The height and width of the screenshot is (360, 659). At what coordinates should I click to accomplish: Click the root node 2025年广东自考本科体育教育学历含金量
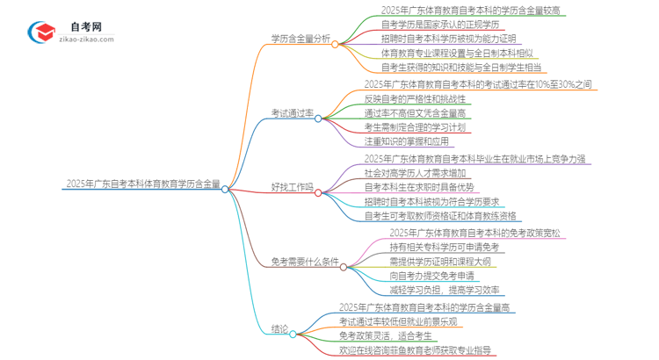point(141,186)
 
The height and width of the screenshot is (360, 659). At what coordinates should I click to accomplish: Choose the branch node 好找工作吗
point(291,187)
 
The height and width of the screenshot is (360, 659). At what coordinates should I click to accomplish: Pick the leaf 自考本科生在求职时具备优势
point(417,186)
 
